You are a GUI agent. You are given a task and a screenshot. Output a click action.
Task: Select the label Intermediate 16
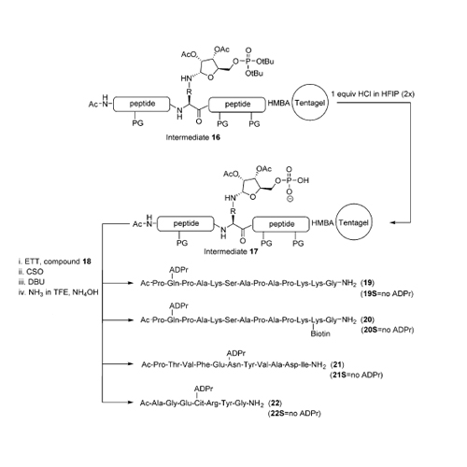click(x=193, y=137)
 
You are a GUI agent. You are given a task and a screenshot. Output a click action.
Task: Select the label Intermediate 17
click(x=231, y=251)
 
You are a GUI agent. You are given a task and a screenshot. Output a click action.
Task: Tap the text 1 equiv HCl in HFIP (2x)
click(x=373, y=93)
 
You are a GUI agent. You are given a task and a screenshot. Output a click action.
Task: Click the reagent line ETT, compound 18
click(x=54, y=262)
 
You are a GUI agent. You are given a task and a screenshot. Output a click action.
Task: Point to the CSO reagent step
click(x=31, y=272)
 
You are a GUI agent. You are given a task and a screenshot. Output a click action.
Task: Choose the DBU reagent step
click(x=32, y=282)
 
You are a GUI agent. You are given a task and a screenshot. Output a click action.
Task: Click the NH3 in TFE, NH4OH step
click(x=58, y=292)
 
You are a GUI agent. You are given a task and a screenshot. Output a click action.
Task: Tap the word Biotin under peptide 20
click(x=320, y=333)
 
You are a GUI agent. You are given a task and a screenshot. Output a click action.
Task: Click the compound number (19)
click(x=367, y=283)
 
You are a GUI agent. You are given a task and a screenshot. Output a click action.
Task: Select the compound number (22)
click(x=276, y=403)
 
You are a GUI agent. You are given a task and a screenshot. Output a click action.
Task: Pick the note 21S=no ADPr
click(x=357, y=375)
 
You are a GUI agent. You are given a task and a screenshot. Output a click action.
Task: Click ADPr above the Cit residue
click(x=204, y=389)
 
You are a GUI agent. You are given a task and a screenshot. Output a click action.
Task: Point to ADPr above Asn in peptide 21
click(x=236, y=353)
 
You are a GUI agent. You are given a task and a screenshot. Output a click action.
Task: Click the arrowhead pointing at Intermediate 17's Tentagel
click(x=392, y=223)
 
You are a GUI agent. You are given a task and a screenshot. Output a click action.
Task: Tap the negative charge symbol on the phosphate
click(x=290, y=200)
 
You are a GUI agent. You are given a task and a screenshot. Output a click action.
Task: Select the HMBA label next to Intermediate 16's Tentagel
click(x=279, y=103)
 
